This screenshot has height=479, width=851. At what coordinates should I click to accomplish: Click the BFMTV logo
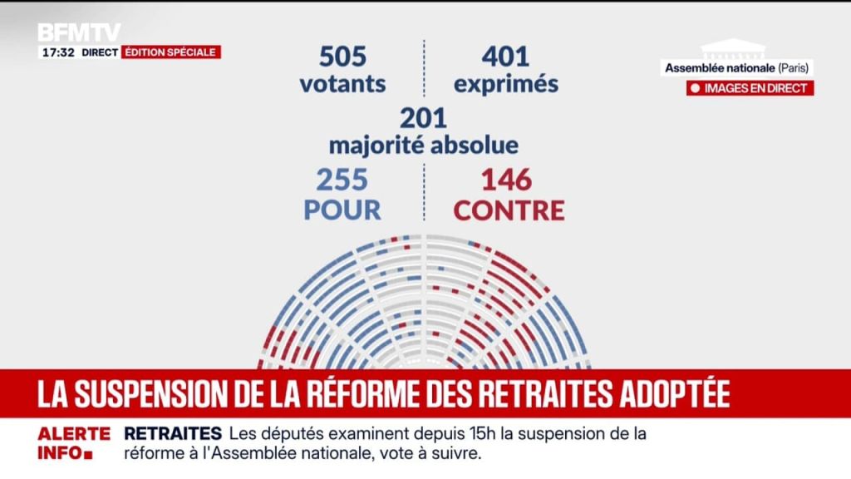(79, 32)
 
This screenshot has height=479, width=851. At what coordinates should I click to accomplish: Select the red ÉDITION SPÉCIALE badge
(171, 52)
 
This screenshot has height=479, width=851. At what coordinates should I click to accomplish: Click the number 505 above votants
(342, 56)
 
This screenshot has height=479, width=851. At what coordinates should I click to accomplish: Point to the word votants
(342, 84)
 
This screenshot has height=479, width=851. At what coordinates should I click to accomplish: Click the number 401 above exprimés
(504, 56)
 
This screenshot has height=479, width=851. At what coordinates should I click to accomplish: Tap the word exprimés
(507, 85)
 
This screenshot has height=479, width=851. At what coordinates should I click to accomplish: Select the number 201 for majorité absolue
(423, 117)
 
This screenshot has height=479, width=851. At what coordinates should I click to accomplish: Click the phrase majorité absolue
(423, 146)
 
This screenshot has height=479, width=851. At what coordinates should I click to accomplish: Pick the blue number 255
(342, 180)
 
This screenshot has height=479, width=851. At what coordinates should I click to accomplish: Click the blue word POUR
(342, 210)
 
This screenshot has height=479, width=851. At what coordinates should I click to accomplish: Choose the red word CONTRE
(509, 210)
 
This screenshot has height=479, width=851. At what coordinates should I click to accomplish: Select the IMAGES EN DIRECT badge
(750, 88)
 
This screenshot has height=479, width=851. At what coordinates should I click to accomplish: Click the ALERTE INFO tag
(73, 444)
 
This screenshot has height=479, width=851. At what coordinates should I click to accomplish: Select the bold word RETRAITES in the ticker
(173, 434)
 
